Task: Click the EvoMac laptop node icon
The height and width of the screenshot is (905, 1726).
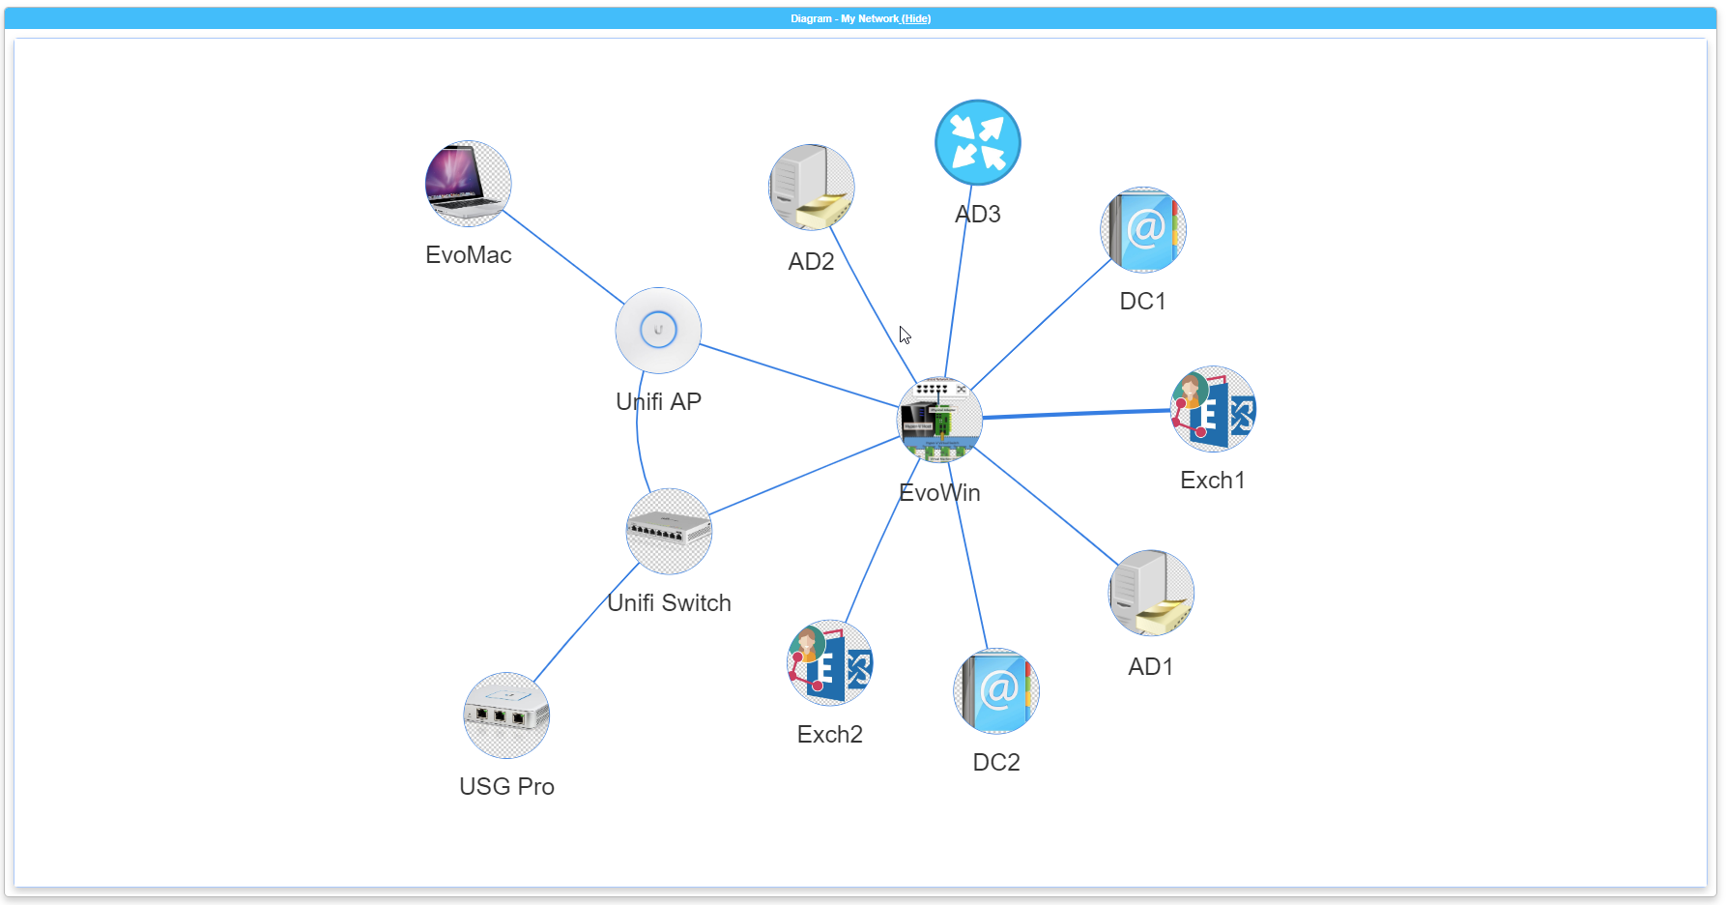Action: coord(468,184)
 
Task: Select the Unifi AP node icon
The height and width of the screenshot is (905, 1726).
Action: coord(658,330)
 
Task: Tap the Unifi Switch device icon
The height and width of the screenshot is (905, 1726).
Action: coord(669,531)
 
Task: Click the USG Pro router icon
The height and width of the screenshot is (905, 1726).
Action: coord(506,715)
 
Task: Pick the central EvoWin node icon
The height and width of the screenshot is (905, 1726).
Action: coord(939,420)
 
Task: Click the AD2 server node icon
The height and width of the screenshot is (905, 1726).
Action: coord(811,188)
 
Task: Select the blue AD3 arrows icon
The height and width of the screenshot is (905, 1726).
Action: coord(977,142)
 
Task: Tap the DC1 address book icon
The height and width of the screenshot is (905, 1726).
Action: coord(1142,229)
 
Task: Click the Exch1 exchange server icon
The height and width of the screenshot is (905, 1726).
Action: coord(1213,409)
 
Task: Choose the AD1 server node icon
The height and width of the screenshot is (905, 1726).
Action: coord(1151,593)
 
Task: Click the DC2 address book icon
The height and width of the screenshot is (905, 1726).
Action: coord(995,690)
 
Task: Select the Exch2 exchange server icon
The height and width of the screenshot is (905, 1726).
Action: coord(829,662)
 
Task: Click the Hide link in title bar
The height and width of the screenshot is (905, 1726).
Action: coord(916,18)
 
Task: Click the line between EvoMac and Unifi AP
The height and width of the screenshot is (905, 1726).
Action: coord(563,257)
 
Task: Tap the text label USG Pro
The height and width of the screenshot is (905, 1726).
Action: coord(506,786)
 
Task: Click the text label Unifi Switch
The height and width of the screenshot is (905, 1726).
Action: coord(669,602)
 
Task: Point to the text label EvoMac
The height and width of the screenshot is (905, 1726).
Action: coord(468,254)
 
